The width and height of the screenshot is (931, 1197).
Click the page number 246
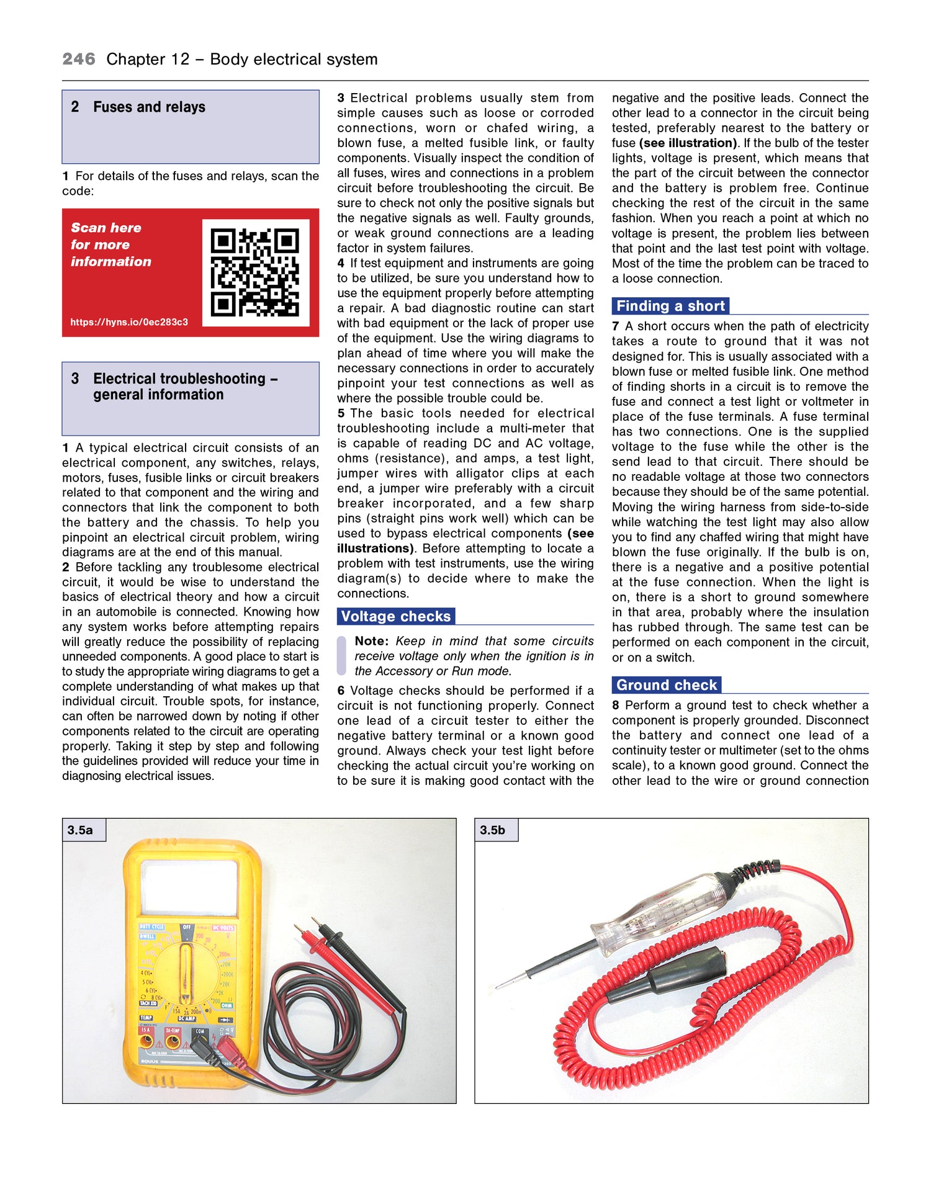(x=79, y=59)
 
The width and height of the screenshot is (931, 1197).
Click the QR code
(x=255, y=272)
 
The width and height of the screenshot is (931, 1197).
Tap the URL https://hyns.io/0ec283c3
(x=129, y=322)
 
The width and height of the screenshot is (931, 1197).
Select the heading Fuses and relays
(x=149, y=107)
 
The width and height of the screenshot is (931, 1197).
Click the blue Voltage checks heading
(x=396, y=616)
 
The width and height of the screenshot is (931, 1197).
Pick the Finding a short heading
(x=670, y=306)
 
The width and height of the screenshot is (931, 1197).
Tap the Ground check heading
(x=667, y=685)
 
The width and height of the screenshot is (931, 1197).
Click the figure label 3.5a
(x=81, y=830)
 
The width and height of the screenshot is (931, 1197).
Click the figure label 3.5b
(x=493, y=830)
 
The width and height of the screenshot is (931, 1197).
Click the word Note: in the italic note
(x=371, y=641)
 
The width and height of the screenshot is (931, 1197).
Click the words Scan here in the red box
(x=106, y=228)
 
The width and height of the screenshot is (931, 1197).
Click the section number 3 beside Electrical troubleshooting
(x=75, y=379)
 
